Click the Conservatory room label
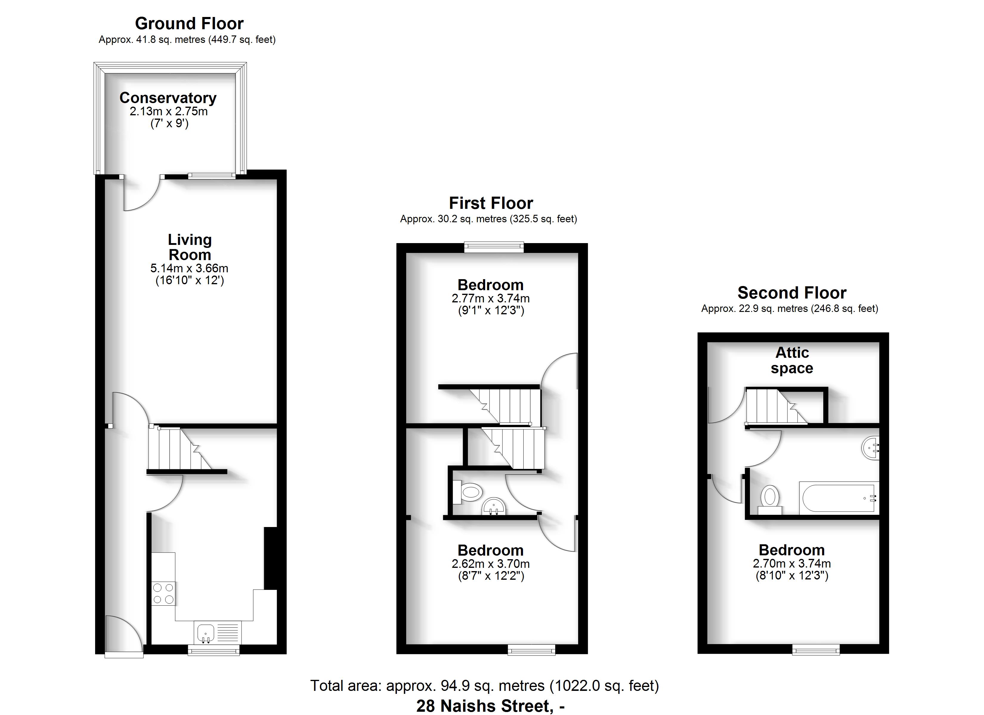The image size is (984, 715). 168,98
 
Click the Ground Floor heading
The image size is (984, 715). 189,23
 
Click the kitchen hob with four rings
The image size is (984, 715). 163,593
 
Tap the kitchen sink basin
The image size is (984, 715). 206,632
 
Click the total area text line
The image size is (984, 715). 484,686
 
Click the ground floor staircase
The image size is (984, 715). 180,448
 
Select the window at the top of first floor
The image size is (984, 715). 494,247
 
